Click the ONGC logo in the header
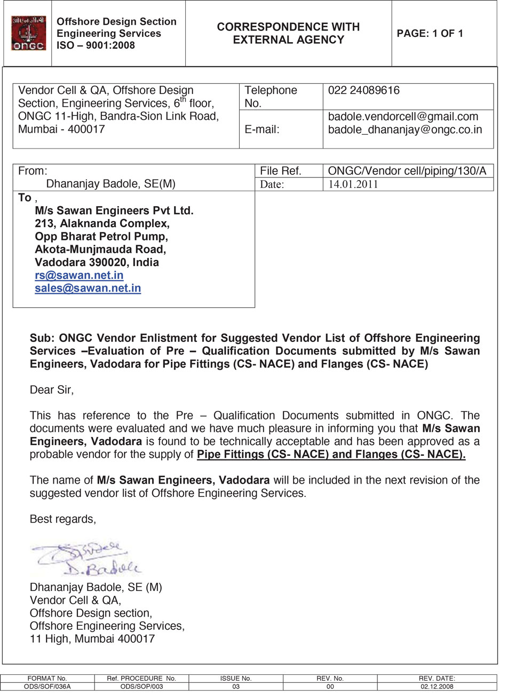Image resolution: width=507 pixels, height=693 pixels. [x=29, y=33]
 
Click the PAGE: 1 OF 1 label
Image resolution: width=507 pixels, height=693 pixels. [x=430, y=34]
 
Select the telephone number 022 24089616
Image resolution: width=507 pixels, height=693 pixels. [x=363, y=91]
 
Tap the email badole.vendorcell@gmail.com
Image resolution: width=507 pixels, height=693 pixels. [x=403, y=116]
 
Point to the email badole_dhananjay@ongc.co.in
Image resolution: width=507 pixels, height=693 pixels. [x=405, y=129]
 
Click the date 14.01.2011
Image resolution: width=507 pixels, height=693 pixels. [x=353, y=184]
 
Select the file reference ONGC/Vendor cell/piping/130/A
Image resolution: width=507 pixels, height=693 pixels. [x=407, y=171]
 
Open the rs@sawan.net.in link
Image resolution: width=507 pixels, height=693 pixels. [x=79, y=276]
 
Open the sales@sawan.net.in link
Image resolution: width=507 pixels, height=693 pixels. [x=88, y=289]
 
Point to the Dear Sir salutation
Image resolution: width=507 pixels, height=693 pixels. [x=52, y=390]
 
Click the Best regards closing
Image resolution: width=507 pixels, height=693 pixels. [x=63, y=519]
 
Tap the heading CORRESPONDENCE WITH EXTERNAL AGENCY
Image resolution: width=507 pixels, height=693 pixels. [x=288, y=33]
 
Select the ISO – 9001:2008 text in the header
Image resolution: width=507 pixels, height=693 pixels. [x=96, y=45]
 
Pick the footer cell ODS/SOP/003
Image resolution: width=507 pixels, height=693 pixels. [x=141, y=687]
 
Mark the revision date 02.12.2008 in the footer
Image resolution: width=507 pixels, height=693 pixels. [x=437, y=687]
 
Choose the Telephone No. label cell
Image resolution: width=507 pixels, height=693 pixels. [x=271, y=97]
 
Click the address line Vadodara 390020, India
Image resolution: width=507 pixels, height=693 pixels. [x=97, y=263]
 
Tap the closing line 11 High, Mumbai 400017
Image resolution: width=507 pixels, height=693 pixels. [x=92, y=639]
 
